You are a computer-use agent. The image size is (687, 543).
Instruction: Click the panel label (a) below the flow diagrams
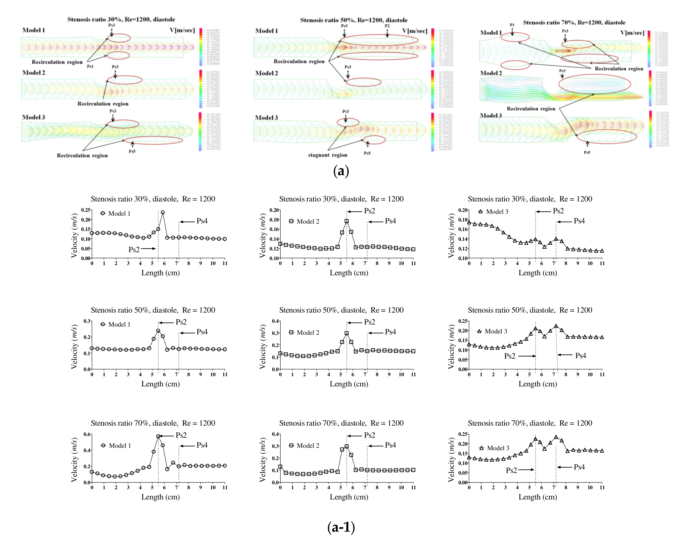coord(341,171)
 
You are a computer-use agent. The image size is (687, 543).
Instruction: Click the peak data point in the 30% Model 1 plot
coord(163,212)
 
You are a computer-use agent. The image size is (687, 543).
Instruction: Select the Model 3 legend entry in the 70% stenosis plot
coord(494,448)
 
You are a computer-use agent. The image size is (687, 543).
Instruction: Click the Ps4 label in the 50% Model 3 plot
coord(580,356)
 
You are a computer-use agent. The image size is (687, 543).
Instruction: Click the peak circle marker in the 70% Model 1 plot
coord(158,436)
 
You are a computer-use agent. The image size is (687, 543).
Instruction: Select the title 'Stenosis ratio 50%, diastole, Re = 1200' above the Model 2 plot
coord(341,310)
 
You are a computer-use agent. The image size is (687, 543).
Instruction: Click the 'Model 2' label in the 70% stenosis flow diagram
coord(491,73)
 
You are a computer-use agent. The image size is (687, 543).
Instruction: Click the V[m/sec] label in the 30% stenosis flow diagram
coord(182,30)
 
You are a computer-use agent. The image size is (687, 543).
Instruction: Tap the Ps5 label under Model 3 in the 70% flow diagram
coord(587,152)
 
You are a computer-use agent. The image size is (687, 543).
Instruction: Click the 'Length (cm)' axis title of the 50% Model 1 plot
coord(160,384)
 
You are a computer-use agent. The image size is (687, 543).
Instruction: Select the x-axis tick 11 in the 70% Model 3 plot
coord(602,487)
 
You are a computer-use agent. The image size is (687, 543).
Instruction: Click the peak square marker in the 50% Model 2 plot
coord(346,333)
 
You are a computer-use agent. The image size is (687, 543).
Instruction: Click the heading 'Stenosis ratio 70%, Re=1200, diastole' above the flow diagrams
coord(574,23)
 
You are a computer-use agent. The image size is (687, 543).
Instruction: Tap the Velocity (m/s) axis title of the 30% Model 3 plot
coord(451,235)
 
